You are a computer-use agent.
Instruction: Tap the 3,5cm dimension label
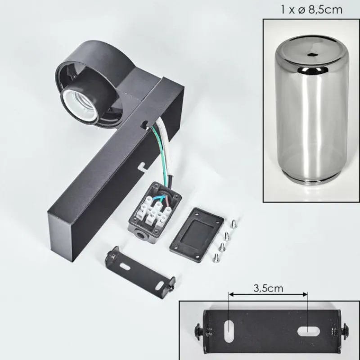coord(268,288)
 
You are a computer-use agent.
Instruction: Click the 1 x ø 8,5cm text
coord(311,9)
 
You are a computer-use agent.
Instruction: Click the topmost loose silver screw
coord(234,223)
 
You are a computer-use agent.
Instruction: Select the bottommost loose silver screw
coord(216,258)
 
